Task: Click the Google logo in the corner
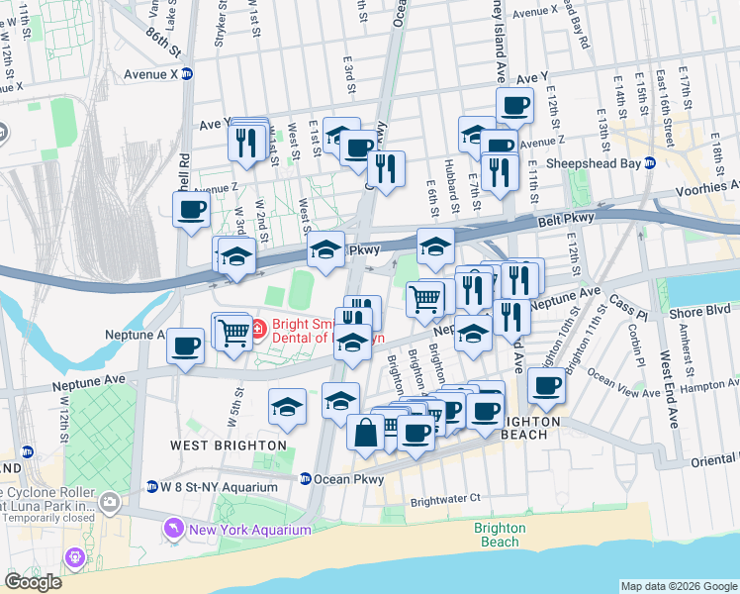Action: pyautogui.click(x=33, y=582)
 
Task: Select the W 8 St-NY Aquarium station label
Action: pyautogui.click(x=220, y=487)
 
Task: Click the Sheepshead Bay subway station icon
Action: pyautogui.click(x=649, y=163)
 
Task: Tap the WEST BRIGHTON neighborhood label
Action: pyautogui.click(x=228, y=445)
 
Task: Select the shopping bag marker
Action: pyautogui.click(x=366, y=432)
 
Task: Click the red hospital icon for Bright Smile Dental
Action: pyautogui.click(x=258, y=328)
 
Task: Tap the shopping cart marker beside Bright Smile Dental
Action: pyautogui.click(x=234, y=331)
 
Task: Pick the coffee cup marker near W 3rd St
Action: pyautogui.click(x=191, y=209)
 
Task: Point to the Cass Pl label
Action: pyautogui.click(x=627, y=299)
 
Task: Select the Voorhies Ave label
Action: pyautogui.click(x=706, y=187)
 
